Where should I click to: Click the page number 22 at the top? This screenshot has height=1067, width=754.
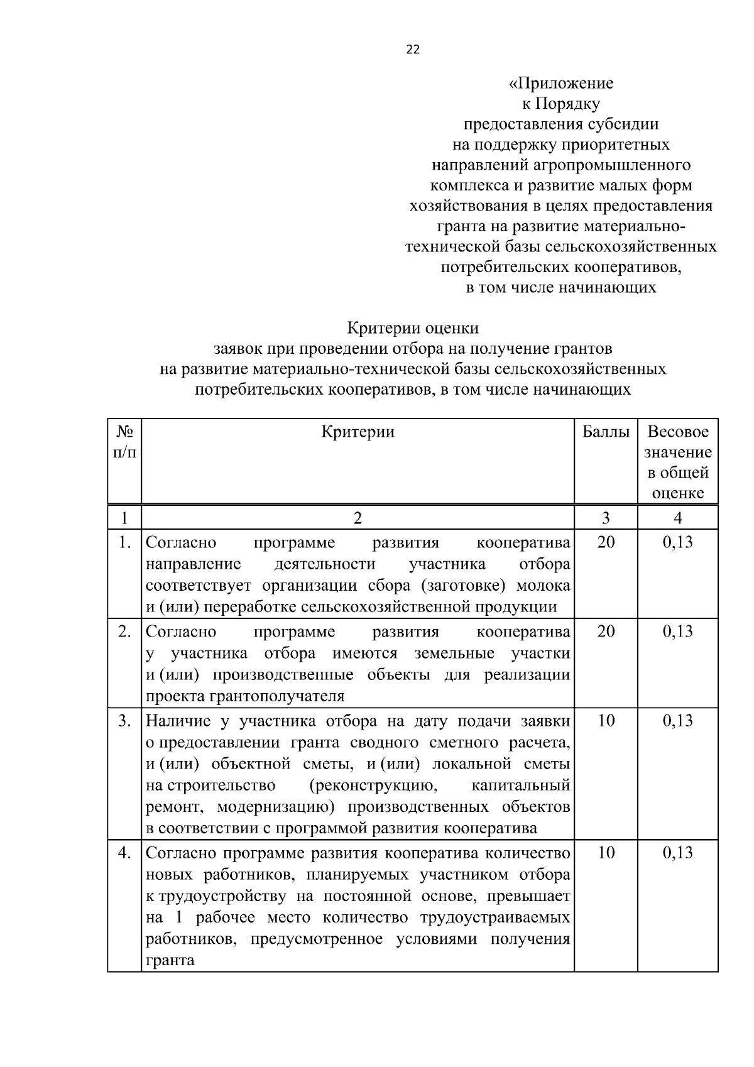coord(413,50)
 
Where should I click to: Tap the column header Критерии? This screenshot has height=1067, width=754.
coord(358,432)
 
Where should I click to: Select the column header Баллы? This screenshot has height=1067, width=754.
coord(606,432)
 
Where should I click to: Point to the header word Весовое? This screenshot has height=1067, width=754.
coord(677,432)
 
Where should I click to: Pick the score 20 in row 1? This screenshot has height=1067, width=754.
coord(606,542)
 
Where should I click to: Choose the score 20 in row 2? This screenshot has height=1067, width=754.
coord(606,632)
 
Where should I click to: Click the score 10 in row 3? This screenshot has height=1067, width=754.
coord(606,721)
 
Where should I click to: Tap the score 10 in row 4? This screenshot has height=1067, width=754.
coord(606,853)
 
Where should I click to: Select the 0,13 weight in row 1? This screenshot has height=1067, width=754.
coord(677,542)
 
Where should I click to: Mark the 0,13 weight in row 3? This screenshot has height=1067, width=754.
coord(677,721)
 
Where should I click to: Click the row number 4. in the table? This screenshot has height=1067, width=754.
coord(124,853)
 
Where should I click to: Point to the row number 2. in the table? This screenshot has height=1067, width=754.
coord(124,632)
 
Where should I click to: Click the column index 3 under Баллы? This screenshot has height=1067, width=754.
coord(606,518)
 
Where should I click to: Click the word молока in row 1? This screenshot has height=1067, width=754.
coord(543,586)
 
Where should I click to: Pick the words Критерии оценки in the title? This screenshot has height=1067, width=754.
coord(413,328)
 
